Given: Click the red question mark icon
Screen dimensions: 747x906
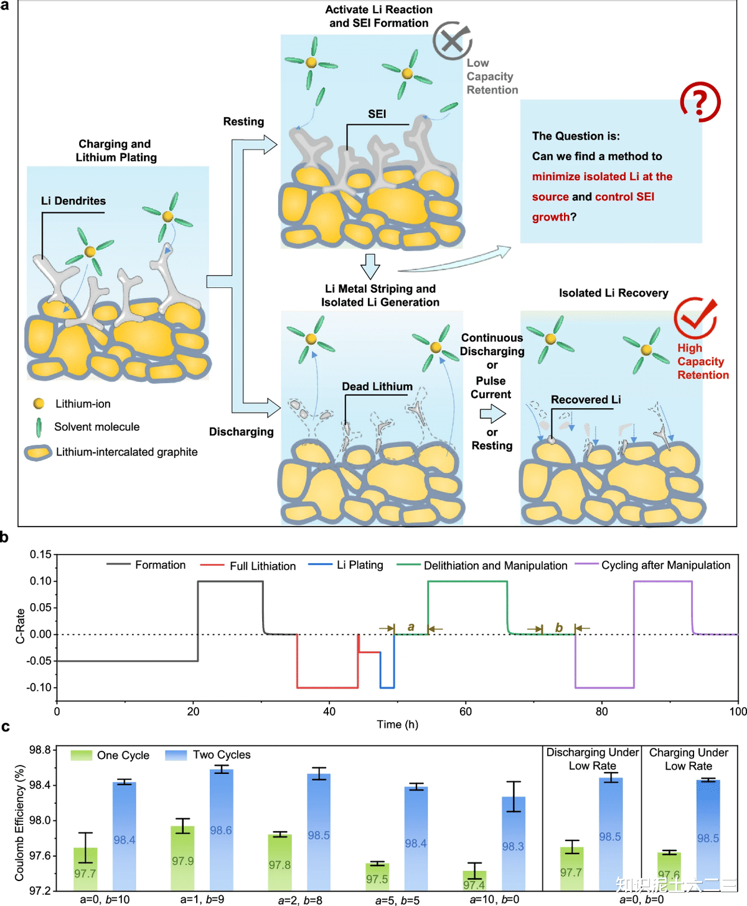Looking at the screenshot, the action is pyautogui.click(x=700, y=102).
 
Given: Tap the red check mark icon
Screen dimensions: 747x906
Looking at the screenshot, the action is pyautogui.click(x=695, y=318).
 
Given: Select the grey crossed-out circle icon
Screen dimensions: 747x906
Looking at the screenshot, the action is pyautogui.click(x=452, y=41).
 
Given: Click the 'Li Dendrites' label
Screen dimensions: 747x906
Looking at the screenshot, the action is pyautogui.click(x=73, y=201).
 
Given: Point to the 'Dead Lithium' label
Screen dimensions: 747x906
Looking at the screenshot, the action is pyautogui.click(x=377, y=386).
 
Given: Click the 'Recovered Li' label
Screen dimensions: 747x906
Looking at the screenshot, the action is pyautogui.click(x=586, y=399).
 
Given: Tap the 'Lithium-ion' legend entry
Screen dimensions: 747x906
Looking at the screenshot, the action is pyautogui.click(x=72, y=404).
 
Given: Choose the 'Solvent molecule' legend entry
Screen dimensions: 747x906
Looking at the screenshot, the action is pyautogui.click(x=87, y=427).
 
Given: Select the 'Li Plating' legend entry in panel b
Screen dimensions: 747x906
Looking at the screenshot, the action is pyautogui.click(x=345, y=565).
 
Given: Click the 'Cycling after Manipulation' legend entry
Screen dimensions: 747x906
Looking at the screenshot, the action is pyautogui.click(x=652, y=565).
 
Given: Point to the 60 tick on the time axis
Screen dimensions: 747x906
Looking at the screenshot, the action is pyautogui.click(x=465, y=712).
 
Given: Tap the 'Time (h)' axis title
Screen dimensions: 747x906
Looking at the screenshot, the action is pyautogui.click(x=397, y=724).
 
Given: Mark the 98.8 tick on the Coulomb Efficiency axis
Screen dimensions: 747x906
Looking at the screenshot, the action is pyautogui.click(x=40, y=750).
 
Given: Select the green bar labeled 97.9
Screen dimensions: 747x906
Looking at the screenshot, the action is pyautogui.click(x=182, y=858).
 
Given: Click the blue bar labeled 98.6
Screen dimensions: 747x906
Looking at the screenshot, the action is pyautogui.click(x=222, y=830).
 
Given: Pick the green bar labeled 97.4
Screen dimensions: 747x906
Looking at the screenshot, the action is pyautogui.click(x=475, y=881).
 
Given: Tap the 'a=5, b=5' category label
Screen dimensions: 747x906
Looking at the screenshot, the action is pyautogui.click(x=398, y=900).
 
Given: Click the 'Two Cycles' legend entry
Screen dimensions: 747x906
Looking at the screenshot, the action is pyautogui.click(x=208, y=755).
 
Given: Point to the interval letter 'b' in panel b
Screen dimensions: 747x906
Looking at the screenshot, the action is pyautogui.click(x=559, y=627).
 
